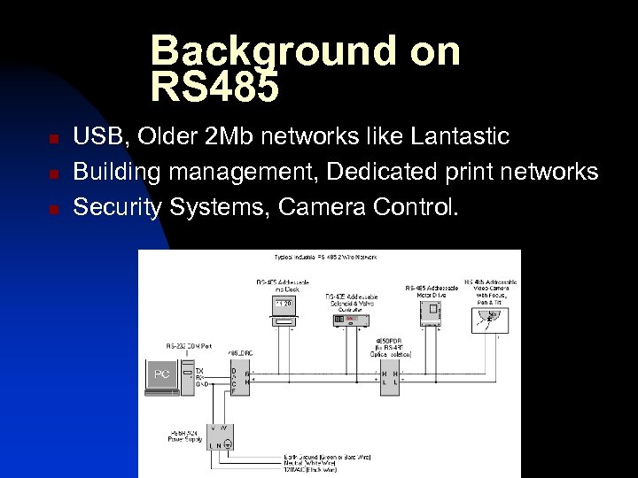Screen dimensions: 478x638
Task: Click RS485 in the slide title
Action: [x=214, y=88]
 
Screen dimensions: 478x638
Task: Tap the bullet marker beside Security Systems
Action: [x=54, y=209]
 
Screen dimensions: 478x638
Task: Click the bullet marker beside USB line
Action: [x=54, y=140]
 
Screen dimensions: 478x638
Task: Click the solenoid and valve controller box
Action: [x=351, y=320]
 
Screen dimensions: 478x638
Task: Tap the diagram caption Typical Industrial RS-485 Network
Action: [x=325, y=257]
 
